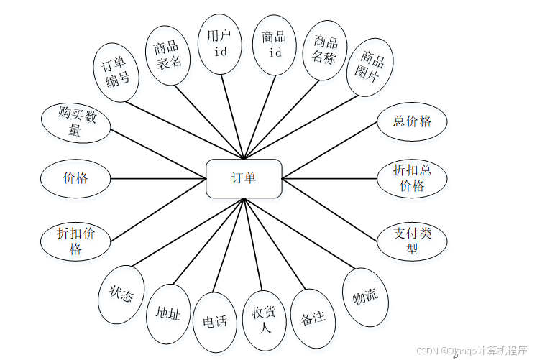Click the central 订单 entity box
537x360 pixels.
click(x=244, y=178)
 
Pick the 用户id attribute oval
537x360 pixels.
click(x=219, y=44)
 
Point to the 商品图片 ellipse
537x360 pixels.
click(x=370, y=67)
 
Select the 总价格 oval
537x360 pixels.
click(x=412, y=121)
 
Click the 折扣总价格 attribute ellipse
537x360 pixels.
click(x=412, y=178)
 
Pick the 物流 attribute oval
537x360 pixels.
click(x=365, y=296)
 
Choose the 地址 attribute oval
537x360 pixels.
click(x=168, y=313)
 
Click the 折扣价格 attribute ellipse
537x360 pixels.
click(x=75, y=241)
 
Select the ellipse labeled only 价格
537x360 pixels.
click(x=75, y=177)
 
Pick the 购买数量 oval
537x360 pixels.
click(x=75, y=123)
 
